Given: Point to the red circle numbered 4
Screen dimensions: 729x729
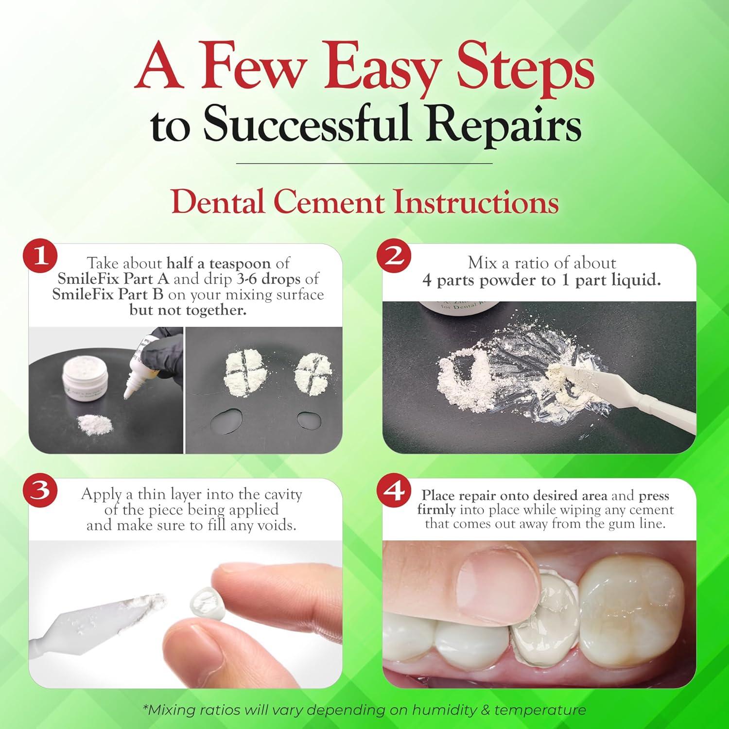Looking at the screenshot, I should (x=393, y=490).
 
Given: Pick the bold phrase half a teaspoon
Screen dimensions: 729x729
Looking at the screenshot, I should (x=218, y=263).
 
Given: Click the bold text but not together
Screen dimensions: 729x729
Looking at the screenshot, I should (x=188, y=310).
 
